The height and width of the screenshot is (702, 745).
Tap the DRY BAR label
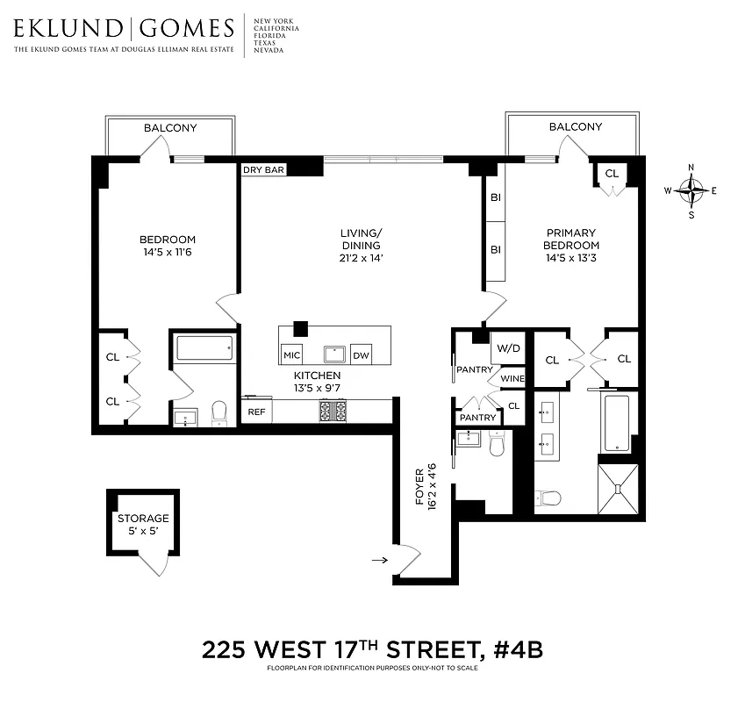click(x=263, y=170)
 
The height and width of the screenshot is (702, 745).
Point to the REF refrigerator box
click(x=256, y=411)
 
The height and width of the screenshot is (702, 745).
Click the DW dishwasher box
click(x=361, y=355)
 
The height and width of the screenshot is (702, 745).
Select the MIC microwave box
click(x=291, y=355)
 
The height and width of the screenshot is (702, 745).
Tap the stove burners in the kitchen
click(x=333, y=410)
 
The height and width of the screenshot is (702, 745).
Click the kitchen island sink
click(x=335, y=354)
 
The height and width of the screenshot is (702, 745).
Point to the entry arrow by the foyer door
click(x=379, y=558)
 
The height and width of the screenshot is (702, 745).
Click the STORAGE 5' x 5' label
click(x=143, y=524)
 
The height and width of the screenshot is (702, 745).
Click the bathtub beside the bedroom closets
click(x=204, y=349)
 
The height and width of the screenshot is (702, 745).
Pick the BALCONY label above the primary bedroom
click(x=576, y=127)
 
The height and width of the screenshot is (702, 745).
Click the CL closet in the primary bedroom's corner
click(x=612, y=174)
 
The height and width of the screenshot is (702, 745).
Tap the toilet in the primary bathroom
click(x=550, y=499)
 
